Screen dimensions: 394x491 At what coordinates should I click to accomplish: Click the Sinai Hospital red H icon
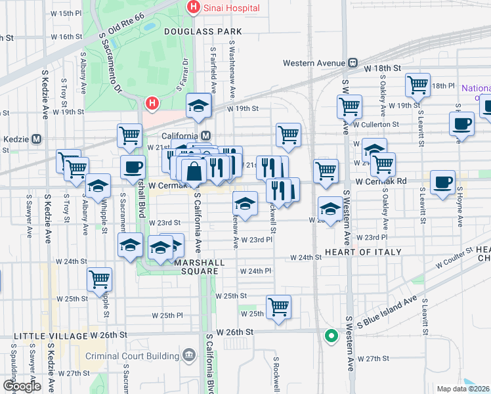coord(193,8)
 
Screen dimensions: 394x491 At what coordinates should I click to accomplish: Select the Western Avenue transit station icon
coord(352,63)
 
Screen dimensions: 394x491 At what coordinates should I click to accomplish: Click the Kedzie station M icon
coord(37,139)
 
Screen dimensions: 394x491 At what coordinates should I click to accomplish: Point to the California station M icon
coord(205,136)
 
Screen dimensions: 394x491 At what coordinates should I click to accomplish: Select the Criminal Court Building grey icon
coord(189,356)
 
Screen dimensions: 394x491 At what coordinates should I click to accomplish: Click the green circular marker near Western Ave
coord(331,337)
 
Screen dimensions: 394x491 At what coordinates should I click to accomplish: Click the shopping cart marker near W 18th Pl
coord(417,85)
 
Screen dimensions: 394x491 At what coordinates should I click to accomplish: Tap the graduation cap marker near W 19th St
coord(198,106)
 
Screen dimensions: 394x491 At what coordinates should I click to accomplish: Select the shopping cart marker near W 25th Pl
coord(279,307)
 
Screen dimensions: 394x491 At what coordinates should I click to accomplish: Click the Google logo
coord(22,386)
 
